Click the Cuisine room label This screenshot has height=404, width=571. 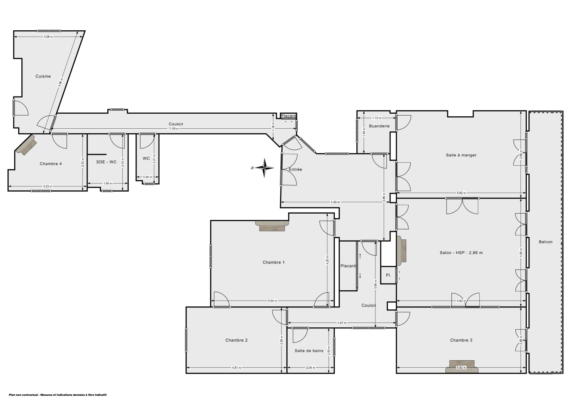(43, 76)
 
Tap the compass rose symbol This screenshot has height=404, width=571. (264, 168)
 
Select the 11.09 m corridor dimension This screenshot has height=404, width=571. (173, 129)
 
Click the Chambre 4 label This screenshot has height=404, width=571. (51, 163)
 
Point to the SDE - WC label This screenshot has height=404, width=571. (106, 162)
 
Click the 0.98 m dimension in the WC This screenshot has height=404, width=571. (148, 177)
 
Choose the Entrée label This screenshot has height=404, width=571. (295, 169)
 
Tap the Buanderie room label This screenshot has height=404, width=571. (379, 126)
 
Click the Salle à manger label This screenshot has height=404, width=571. (461, 155)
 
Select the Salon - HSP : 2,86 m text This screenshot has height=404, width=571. (461, 252)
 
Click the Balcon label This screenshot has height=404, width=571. (546, 242)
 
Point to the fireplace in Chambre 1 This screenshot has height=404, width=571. (272, 226)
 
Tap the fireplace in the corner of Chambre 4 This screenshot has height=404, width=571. (26, 145)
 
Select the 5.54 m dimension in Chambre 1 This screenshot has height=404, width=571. (272, 301)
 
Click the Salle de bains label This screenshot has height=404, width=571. (309, 351)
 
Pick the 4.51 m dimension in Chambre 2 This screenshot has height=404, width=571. (236, 368)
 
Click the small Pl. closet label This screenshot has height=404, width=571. (389, 275)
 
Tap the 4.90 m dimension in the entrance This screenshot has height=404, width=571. (335, 202)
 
